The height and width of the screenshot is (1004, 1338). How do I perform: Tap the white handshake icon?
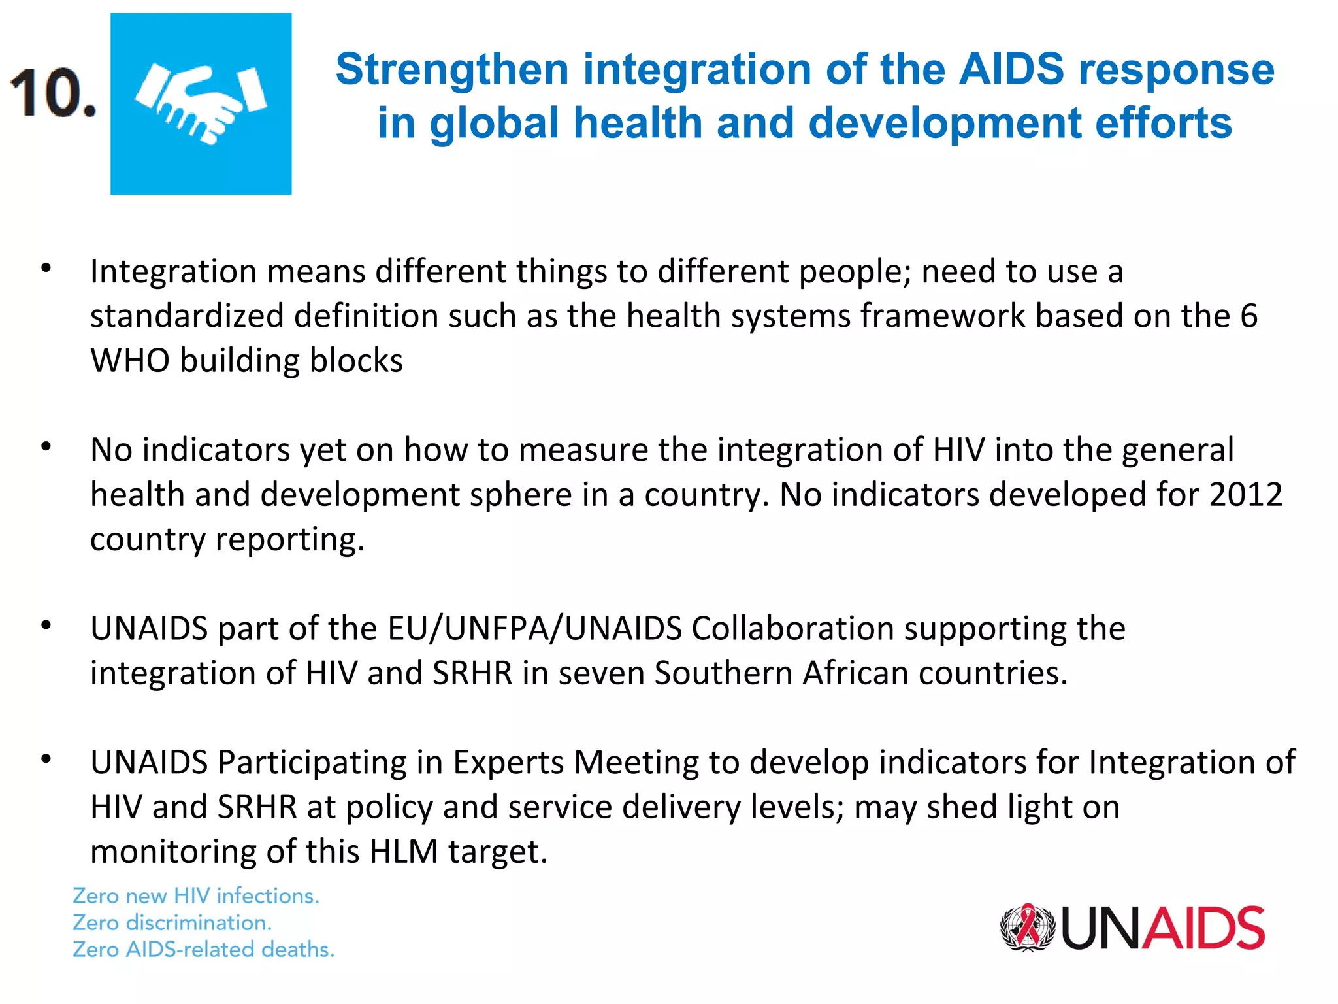point(201,103)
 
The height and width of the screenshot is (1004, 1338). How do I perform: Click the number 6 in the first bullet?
point(1248,316)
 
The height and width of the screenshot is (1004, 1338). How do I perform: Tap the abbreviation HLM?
point(403,852)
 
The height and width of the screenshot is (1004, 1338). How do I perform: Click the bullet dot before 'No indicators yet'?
point(46,447)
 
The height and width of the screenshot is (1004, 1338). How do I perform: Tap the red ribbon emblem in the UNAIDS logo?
point(1028,927)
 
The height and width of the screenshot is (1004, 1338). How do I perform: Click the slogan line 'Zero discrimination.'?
point(172,922)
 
